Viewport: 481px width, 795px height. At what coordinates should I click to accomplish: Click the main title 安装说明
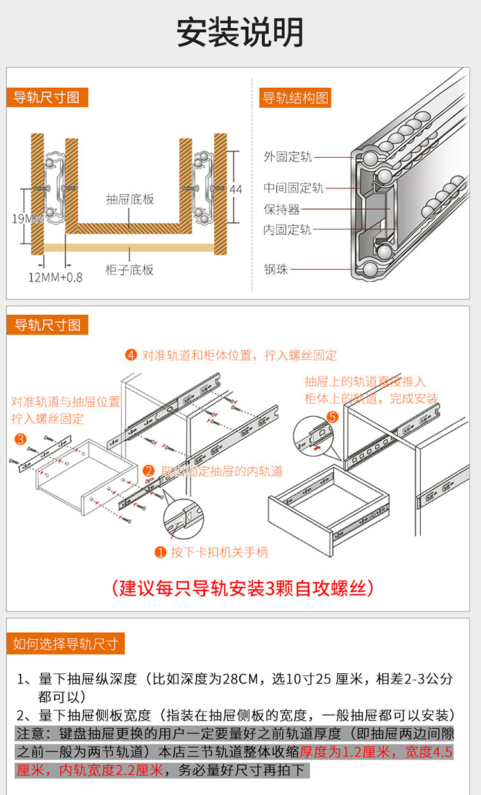240,33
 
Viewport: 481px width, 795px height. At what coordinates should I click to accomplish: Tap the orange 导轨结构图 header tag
295,98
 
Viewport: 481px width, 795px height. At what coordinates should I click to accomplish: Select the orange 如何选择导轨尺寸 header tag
65,644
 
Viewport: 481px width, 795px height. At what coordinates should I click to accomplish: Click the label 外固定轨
287,156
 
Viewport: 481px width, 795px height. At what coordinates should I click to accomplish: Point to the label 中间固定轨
293,188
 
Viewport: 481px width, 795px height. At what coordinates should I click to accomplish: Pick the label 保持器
282,209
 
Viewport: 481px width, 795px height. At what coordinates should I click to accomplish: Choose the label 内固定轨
287,230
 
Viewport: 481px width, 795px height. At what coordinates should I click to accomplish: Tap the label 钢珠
276,269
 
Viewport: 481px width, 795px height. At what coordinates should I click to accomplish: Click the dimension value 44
236,189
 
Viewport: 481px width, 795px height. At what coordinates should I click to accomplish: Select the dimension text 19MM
27,219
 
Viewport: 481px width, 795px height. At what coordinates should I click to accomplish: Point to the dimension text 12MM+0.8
55,278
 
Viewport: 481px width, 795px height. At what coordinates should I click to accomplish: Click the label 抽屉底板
130,199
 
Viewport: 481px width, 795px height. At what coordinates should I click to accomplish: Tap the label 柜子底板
130,269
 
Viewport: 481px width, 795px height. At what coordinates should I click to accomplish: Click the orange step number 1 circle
160,552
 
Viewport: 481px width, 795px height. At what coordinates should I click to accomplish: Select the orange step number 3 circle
21,439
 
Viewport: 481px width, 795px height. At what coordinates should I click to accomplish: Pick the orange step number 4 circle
131,355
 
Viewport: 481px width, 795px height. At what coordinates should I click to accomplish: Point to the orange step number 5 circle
332,417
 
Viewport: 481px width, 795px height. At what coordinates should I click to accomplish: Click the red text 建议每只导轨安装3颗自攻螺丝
242,588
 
